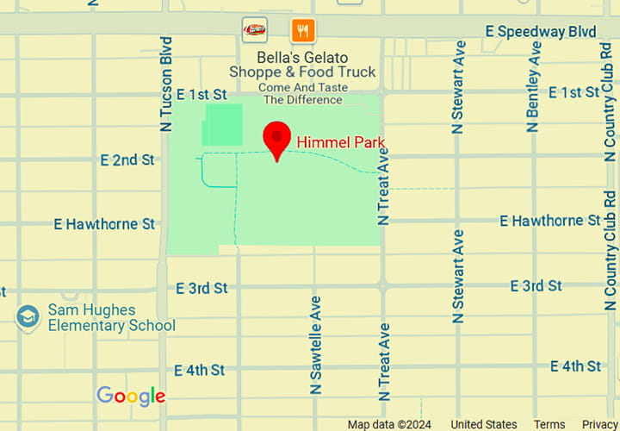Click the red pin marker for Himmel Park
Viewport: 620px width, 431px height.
tap(276, 139)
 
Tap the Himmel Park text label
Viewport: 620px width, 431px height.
tap(340, 142)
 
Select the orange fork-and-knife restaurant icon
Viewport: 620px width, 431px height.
tap(302, 31)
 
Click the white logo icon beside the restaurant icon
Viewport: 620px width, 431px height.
tap(254, 30)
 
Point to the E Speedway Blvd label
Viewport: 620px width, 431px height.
tap(541, 32)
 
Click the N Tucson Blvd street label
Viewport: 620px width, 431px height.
tap(166, 84)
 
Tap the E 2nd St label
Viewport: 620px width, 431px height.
tap(127, 159)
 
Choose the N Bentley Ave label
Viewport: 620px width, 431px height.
tap(534, 86)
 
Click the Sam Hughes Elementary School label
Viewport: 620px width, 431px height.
tap(111, 318)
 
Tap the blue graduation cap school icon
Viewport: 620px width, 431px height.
tap(28, 317)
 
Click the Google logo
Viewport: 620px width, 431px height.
tap(131, 396)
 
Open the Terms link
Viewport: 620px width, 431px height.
tap(549, 424)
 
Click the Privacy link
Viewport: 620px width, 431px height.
tap(600, 424)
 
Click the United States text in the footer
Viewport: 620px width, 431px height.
tap(484, 424)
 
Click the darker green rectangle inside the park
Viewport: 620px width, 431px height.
tap(222, 124)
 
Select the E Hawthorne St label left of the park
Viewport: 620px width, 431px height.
tap(104, 224)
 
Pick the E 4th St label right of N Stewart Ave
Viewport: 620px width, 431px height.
tap(576, 366)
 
